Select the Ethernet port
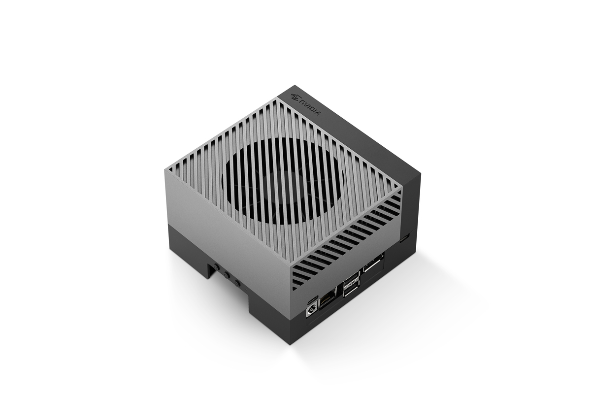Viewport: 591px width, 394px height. [328, 300]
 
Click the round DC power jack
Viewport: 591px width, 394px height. [312, 311]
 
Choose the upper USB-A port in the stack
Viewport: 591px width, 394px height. [352, 282]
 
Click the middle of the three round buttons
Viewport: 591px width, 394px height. [227, 276]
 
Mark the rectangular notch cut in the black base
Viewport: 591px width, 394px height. [212, 269]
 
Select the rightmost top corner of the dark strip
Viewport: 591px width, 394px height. [420, 174]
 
